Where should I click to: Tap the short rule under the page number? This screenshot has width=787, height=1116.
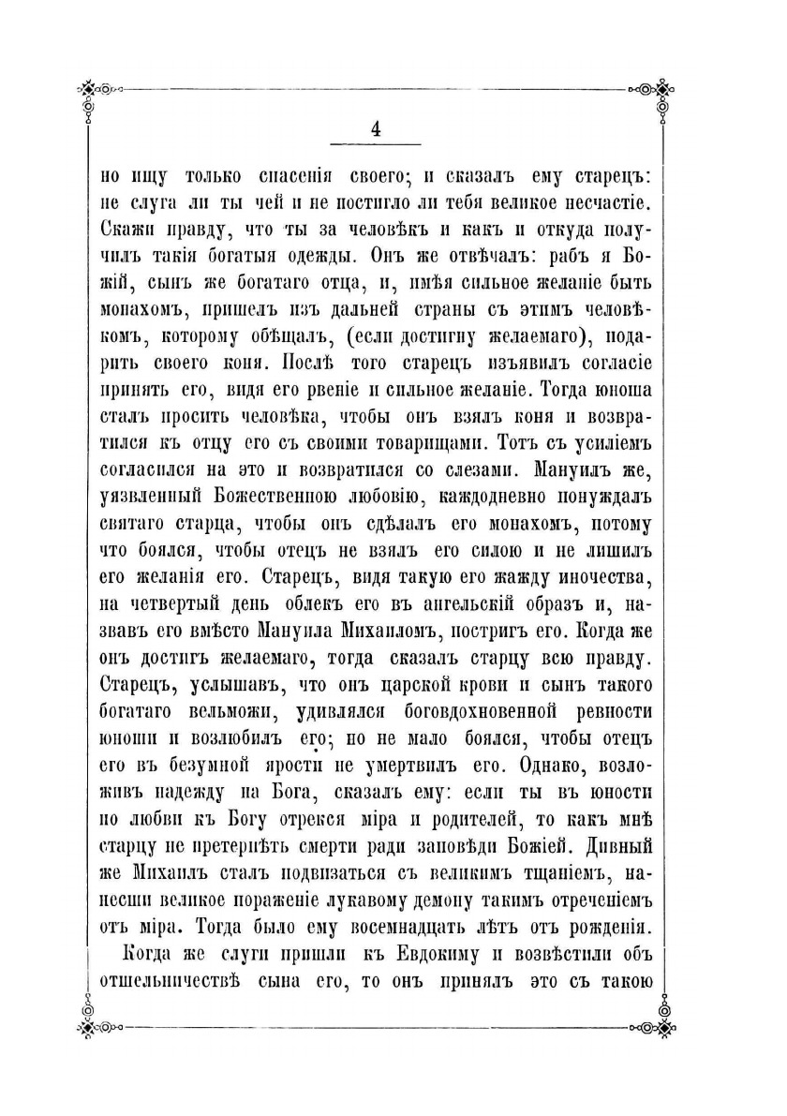tap(375, 145)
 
